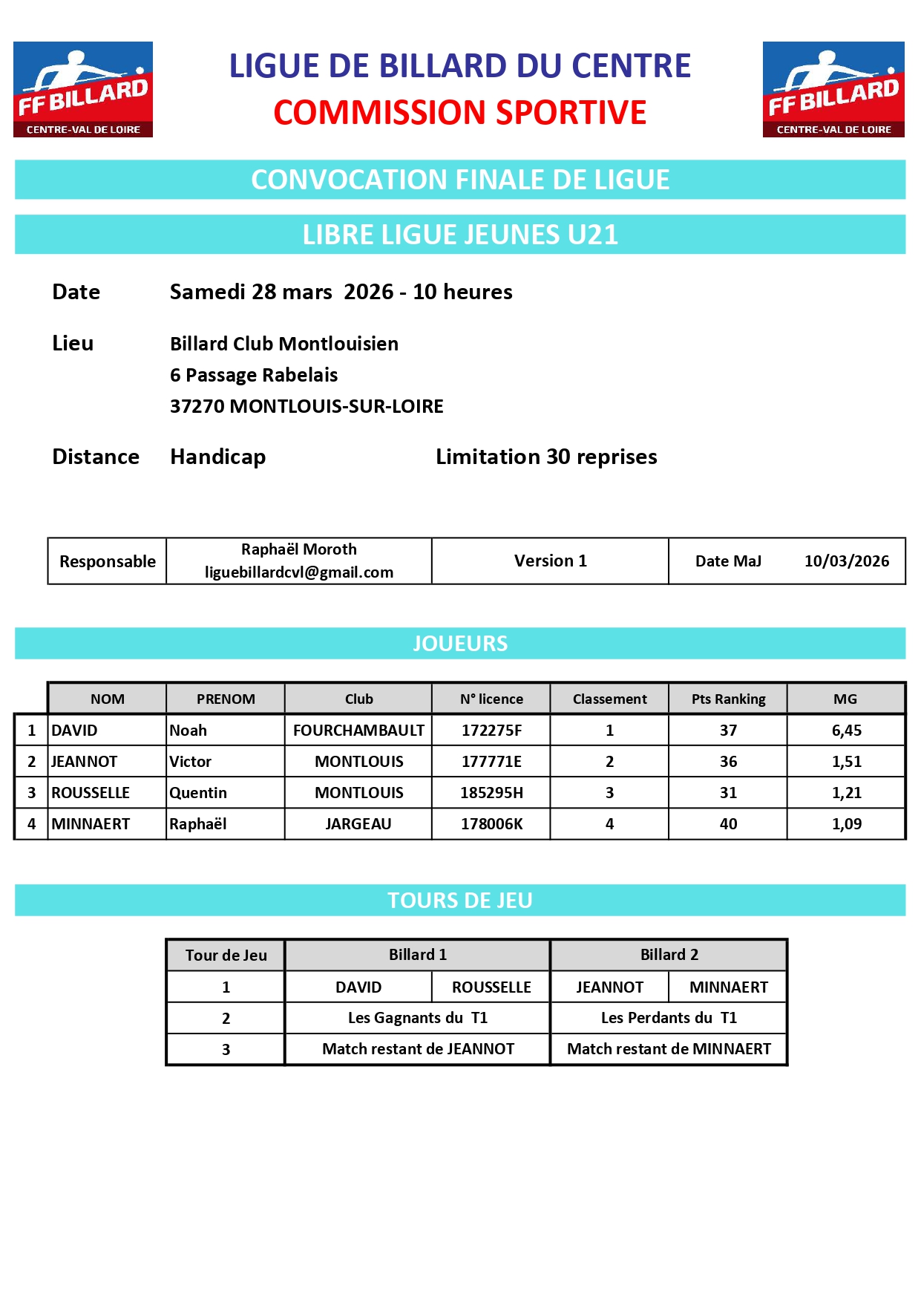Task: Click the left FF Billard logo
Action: point(83,89)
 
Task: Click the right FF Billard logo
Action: point(833,89)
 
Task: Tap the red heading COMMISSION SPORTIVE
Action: point(459,113)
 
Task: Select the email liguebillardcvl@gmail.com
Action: point(299,572)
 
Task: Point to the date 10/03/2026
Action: point(847,561)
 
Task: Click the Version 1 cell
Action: point(550,561)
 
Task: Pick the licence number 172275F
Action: point(491,731)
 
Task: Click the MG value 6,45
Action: point(846,731)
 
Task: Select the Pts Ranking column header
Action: point(728,699)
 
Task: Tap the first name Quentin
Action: point(198,793)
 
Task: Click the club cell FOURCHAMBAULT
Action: point(358,731)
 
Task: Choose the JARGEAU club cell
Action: point(358,824)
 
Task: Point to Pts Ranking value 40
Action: point(728,824)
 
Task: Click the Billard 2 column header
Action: point(669,955)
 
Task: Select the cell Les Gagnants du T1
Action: point(418,1018)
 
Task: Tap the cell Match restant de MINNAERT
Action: point(669,1049)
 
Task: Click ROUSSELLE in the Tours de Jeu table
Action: point(491,987)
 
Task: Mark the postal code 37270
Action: point(197,407)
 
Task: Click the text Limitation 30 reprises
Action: point(546,457)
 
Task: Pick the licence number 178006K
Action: point(491,824)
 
